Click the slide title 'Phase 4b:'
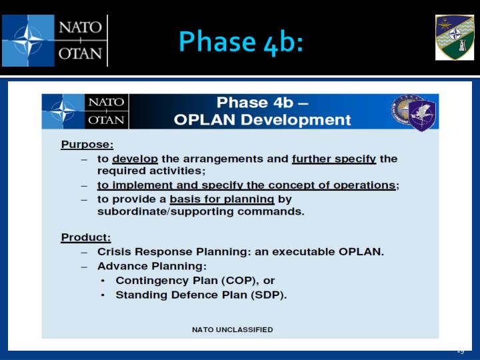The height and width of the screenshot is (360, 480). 241,41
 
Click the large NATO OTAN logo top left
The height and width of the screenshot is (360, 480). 55,41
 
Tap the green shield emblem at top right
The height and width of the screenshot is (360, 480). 455,37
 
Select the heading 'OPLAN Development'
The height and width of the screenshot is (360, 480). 262,120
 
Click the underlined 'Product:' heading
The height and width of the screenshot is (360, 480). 86,237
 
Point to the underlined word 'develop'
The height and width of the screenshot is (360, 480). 133,159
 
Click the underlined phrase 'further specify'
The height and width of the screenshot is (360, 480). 334,159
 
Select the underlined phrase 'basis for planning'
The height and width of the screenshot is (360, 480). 222,199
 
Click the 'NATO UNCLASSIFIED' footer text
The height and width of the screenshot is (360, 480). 232,329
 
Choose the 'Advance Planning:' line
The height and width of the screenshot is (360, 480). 143,266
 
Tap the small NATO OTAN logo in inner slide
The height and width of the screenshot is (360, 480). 85,111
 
